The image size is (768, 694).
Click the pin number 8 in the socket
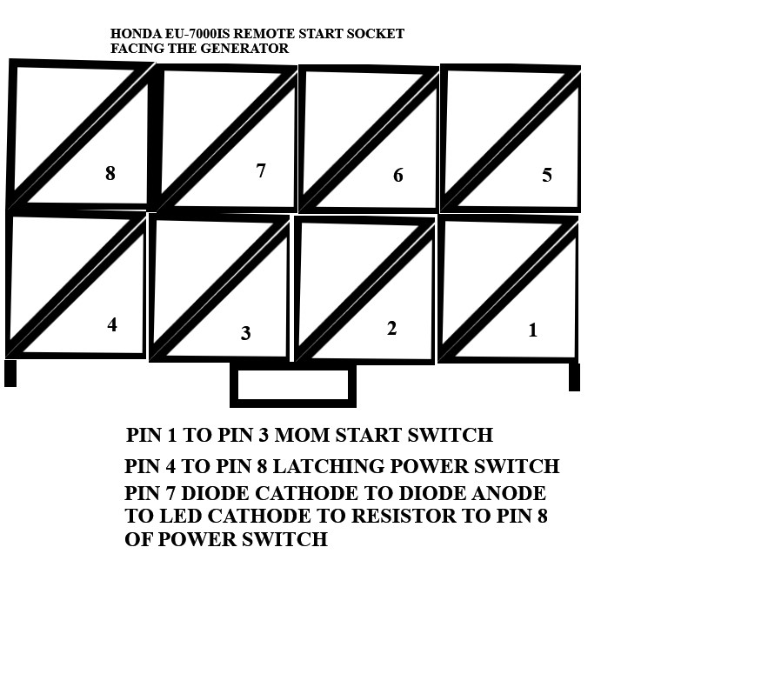(x=110, y=173)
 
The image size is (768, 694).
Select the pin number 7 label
(x=261, y=170)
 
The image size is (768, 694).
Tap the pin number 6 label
(x=398, y=176)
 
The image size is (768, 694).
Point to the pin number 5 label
(x=547, y=176)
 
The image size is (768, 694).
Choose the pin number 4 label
(x=112, y=324)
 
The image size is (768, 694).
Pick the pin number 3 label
(x=246, y=334)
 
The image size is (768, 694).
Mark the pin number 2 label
(x=391, y=328)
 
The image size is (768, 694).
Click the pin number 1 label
(x=533, y=330)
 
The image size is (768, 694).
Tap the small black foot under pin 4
(x=10, y=373)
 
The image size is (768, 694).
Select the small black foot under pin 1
(x=575, y=377)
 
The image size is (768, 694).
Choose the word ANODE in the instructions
(x=509, y=493)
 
